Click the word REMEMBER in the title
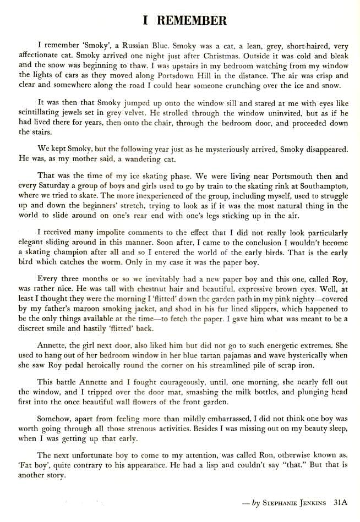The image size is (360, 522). [x=192, y=21]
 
